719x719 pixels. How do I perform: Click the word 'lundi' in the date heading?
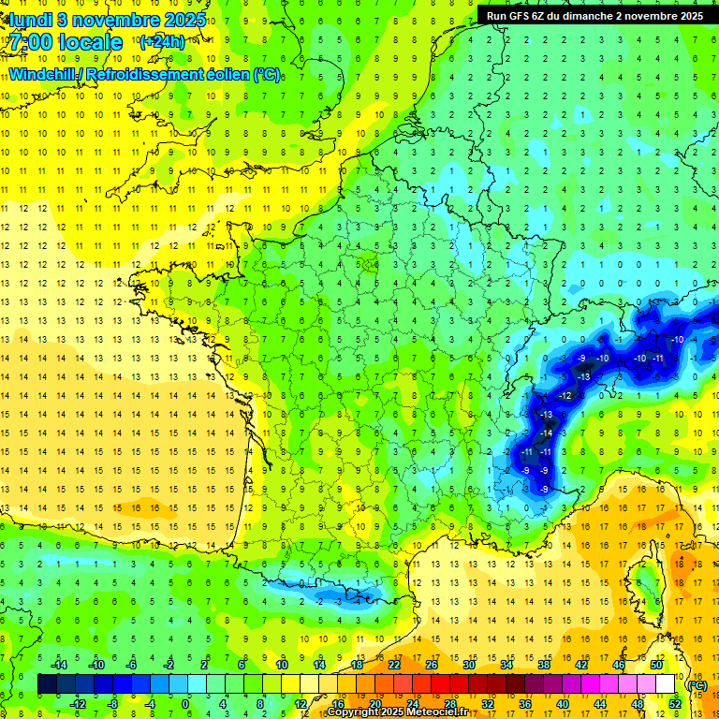28,19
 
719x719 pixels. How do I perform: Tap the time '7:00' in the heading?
37,42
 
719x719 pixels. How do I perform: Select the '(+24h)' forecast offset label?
162,42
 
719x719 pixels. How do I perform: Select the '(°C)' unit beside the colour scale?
696,685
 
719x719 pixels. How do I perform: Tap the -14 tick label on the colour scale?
60,664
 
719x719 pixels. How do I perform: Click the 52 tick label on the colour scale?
675,703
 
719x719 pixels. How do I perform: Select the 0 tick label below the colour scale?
184,703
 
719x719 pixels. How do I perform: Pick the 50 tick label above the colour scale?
656,664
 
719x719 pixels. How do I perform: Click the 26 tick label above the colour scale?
432,664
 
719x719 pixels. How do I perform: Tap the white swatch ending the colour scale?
666,683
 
